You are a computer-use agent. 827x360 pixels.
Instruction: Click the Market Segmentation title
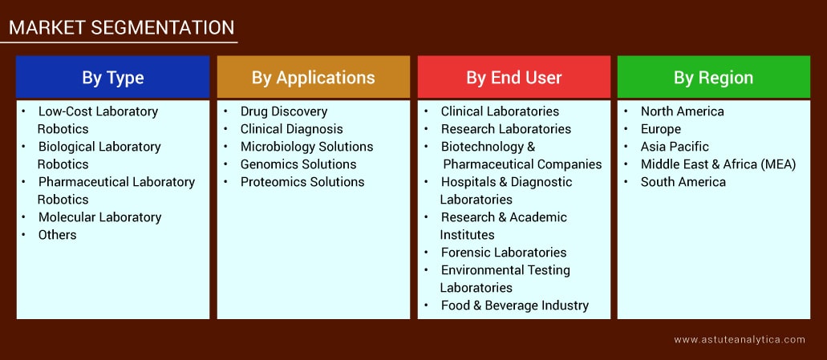point(121,27)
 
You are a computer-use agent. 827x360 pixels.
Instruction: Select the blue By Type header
point(113,78)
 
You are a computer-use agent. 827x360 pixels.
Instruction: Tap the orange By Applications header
point(313,78)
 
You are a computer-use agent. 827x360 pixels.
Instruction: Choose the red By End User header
point(514,78)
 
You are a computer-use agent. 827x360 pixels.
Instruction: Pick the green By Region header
point(713,78)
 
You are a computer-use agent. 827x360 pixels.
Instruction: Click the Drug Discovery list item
point(284,111)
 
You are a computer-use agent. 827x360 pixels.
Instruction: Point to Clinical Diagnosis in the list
point(291,129)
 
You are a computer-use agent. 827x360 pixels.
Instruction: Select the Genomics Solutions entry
point(298,164)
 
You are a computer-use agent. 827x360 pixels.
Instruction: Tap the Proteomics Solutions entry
point(302,182)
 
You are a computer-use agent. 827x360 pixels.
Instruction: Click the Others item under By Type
point(57,235)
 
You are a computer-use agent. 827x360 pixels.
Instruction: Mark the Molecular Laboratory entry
point(99,217)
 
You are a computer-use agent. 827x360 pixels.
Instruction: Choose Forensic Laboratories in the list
point(504,253)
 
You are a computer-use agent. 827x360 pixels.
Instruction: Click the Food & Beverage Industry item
point(515,305)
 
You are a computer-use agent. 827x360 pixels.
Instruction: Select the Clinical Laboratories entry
point(500,111)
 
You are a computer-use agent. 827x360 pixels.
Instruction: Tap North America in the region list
point(682,111)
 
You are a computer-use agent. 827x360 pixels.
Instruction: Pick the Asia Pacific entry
point(675,147)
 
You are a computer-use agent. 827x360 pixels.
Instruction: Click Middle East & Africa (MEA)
point(718,164)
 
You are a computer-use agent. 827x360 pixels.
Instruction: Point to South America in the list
point(683,182)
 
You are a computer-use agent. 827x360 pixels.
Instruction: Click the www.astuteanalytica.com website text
point(739,340)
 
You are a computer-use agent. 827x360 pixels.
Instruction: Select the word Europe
point(660,129)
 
